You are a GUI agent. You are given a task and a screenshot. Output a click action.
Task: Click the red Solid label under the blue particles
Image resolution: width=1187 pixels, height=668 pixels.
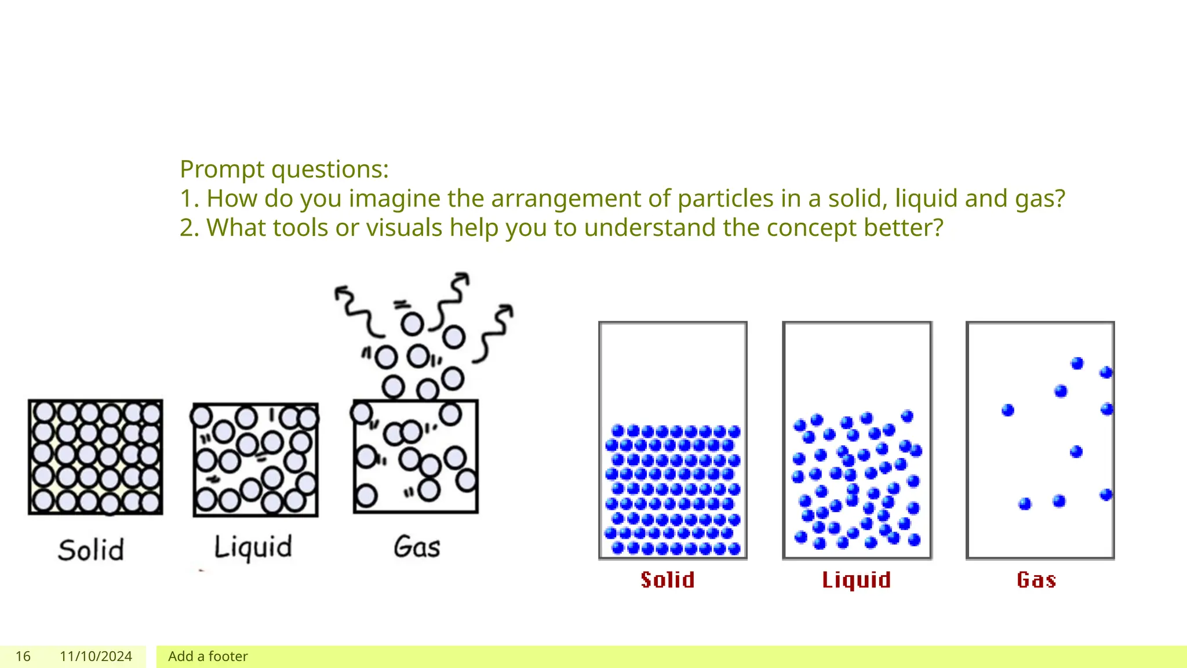[667, 580]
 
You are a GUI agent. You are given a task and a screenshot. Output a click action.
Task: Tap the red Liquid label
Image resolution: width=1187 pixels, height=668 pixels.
[856, 580]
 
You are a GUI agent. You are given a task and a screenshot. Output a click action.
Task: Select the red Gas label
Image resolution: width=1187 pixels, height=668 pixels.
[1036, 580]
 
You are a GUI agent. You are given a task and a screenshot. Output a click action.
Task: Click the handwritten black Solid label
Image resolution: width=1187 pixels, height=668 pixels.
[91, 550]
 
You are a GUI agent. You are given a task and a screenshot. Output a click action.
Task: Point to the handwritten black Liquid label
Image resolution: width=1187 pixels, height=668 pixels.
[253, 547]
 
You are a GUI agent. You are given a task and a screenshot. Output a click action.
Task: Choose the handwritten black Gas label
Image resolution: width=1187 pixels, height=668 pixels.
[417, 547]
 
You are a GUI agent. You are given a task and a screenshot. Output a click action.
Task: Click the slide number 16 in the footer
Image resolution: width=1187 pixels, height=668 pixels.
[23, 656]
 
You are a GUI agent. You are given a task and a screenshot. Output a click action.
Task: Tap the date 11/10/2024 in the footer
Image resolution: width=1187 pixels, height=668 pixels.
[96, 656]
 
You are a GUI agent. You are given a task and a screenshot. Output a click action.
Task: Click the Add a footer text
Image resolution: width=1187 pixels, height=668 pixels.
[207, 656]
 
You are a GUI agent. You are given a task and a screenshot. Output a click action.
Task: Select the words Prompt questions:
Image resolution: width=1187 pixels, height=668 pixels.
[284, 169]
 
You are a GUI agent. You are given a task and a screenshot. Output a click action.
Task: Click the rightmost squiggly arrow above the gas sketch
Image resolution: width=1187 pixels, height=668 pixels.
[493, 334]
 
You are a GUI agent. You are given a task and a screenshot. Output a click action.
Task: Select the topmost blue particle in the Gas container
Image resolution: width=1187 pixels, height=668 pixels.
[1077, 364]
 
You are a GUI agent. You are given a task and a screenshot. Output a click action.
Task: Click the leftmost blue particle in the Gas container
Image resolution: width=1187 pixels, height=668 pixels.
[1008, 411]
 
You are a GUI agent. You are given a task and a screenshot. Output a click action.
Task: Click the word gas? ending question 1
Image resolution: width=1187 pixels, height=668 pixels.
[1040, 199]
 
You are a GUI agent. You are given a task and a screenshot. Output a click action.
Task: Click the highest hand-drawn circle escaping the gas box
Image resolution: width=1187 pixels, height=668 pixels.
[412, 324]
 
